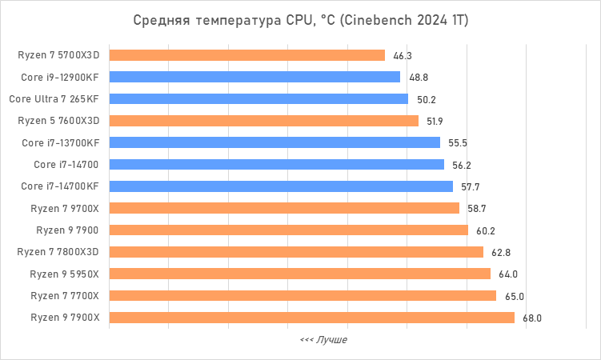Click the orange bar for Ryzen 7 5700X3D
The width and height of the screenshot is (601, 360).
246,55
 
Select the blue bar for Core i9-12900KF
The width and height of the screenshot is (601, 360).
254,77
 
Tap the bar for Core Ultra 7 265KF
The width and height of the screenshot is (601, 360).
258,99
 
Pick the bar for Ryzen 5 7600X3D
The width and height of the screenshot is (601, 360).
263,121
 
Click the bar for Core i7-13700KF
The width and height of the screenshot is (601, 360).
274,142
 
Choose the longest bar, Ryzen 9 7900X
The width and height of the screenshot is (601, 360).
311,318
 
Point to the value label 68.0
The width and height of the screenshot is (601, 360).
532,318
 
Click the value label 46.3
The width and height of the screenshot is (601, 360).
403,56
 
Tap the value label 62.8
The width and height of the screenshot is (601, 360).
501,252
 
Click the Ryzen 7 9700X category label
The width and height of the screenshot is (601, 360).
65,208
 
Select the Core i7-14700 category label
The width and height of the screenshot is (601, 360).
67,164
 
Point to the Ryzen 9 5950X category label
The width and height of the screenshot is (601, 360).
65,274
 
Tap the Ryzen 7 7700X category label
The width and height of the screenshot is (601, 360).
65,295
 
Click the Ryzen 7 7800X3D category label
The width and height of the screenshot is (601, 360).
58,252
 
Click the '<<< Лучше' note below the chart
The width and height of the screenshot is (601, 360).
323,340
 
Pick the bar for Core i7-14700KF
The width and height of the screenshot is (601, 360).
281,186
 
